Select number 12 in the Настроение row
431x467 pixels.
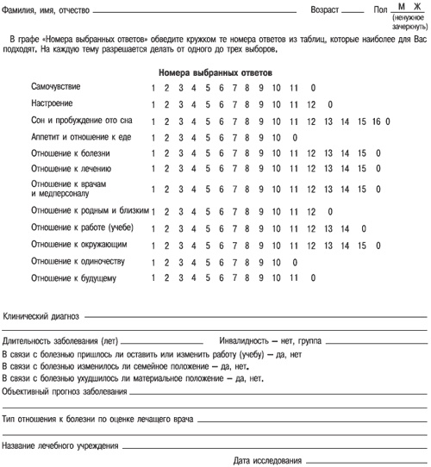click(311, 105)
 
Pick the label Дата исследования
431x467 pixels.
click(267, 460)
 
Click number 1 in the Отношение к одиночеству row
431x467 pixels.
click(152, 261)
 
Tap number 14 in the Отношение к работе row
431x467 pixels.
click(345, 228)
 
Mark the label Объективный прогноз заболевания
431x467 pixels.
click(64, 391)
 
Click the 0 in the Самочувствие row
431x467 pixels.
click(312, 88)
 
